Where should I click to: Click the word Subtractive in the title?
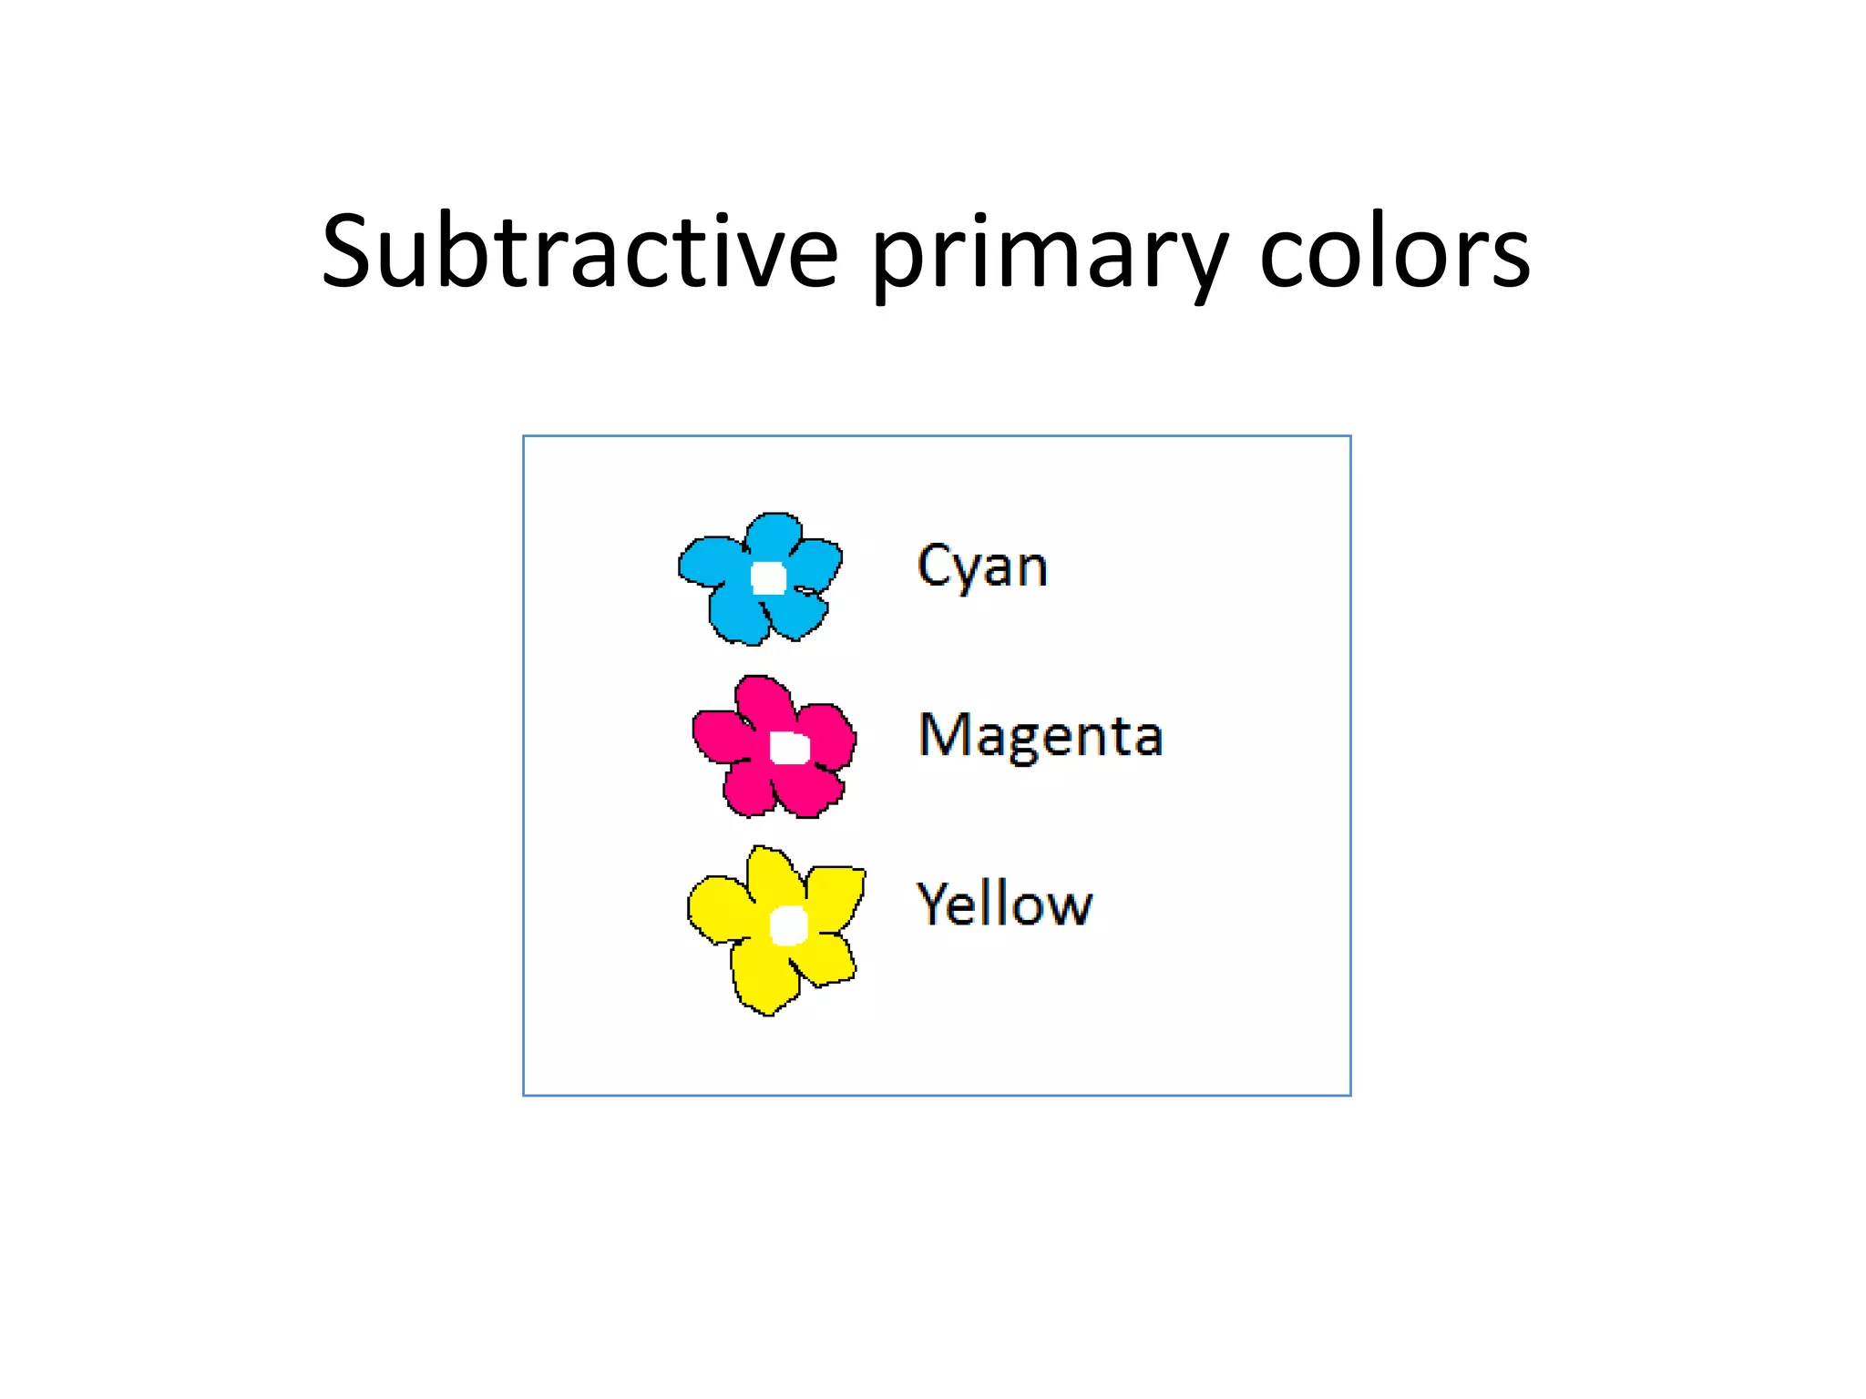[x=579, y=251]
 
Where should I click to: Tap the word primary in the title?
[x=1048, y=255]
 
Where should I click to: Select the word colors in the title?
[x=1394, y=253]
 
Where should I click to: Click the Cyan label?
[x=982, y=567]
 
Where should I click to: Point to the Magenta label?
[x=1041, y=736]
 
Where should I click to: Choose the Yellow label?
[x=1004, y=904]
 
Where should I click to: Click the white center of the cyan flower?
[x=768, y=577]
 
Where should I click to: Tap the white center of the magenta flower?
[x=789, y=748]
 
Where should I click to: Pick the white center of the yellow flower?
[x=788, y=925]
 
